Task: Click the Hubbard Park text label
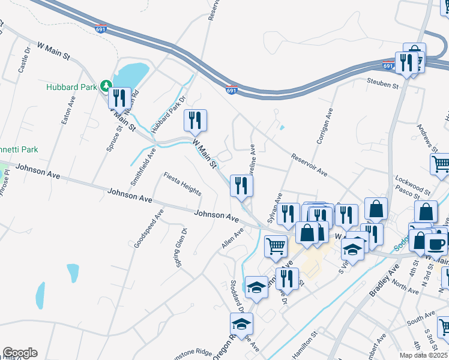[71, 87]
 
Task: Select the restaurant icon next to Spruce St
[119, 98]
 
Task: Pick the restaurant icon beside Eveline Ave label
[241, 185]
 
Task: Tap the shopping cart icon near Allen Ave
[276, 245]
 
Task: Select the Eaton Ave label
[67, 110]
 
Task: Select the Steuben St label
[384, 85]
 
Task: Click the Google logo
[20, 353]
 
